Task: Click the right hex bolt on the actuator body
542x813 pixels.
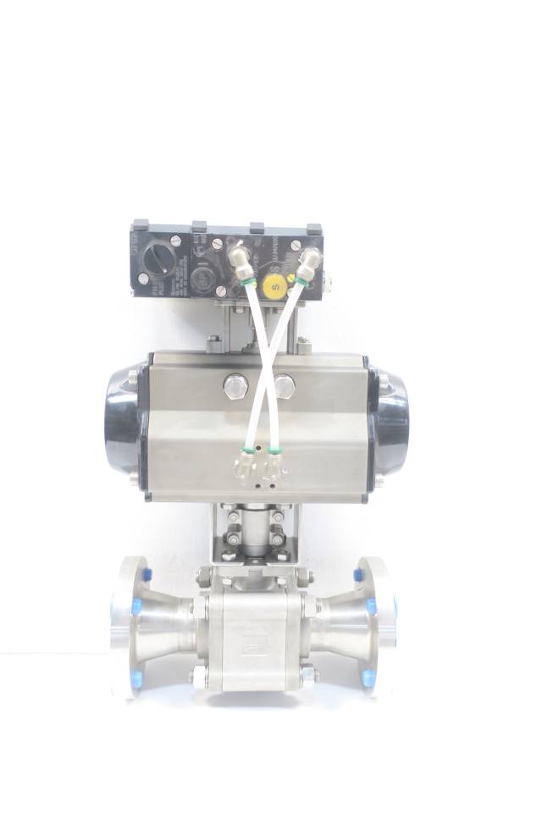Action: coord(285,386)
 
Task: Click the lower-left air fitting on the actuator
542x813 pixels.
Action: coord(244,462)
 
